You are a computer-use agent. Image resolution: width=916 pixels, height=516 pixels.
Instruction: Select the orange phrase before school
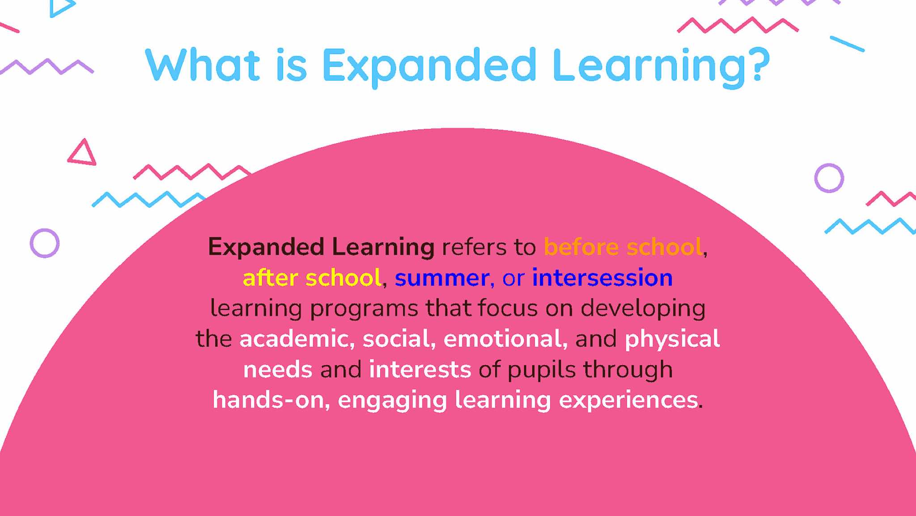623,247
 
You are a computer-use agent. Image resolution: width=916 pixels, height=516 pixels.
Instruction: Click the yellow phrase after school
312,277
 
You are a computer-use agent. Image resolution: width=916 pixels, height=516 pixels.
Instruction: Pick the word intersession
602,277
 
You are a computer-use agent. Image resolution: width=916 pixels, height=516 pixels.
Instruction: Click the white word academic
294,338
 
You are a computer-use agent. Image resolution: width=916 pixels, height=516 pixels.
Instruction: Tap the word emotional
503,338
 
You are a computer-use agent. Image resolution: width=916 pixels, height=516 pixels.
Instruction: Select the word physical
672,339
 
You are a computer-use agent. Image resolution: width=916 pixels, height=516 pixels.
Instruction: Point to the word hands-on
268,400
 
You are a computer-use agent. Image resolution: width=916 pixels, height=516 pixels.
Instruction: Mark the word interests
420,370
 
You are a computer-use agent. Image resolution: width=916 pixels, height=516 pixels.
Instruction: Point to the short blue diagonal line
847,44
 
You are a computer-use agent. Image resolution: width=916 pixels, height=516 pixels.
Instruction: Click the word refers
470,247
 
